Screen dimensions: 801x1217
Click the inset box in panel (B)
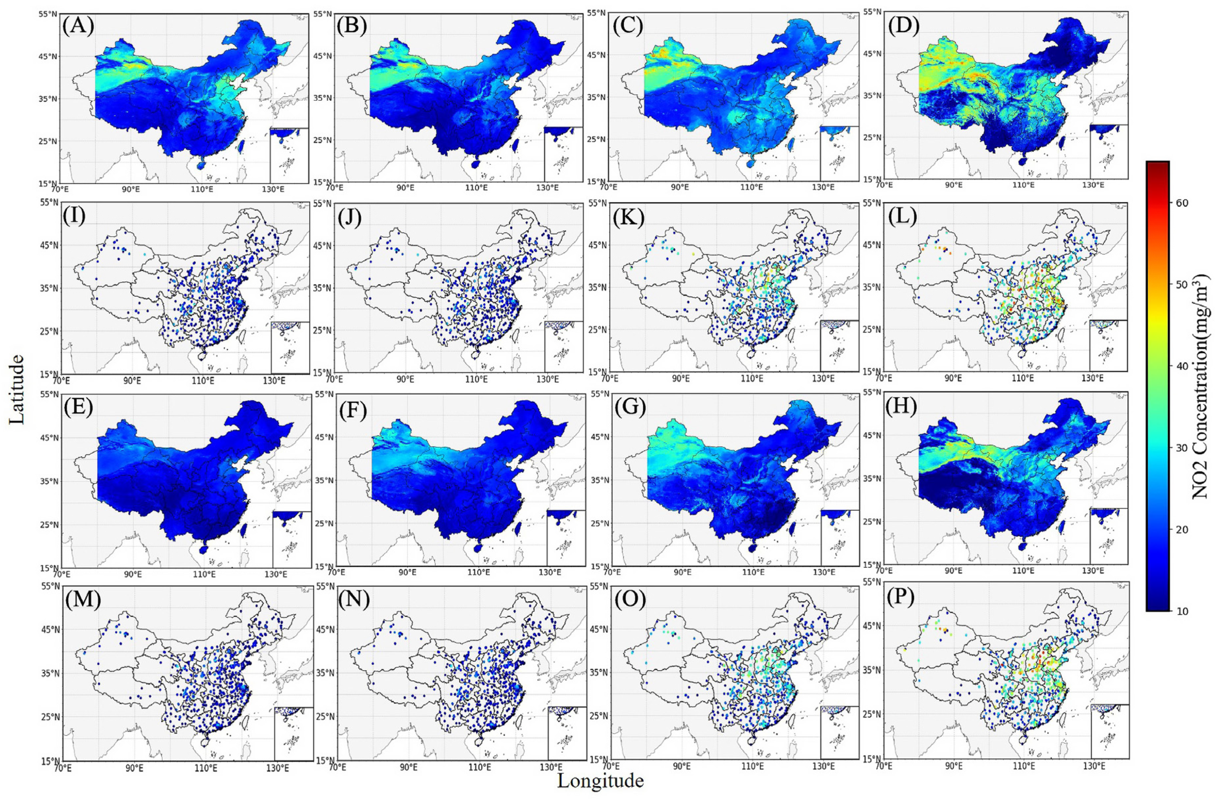(x=563, y=153)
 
